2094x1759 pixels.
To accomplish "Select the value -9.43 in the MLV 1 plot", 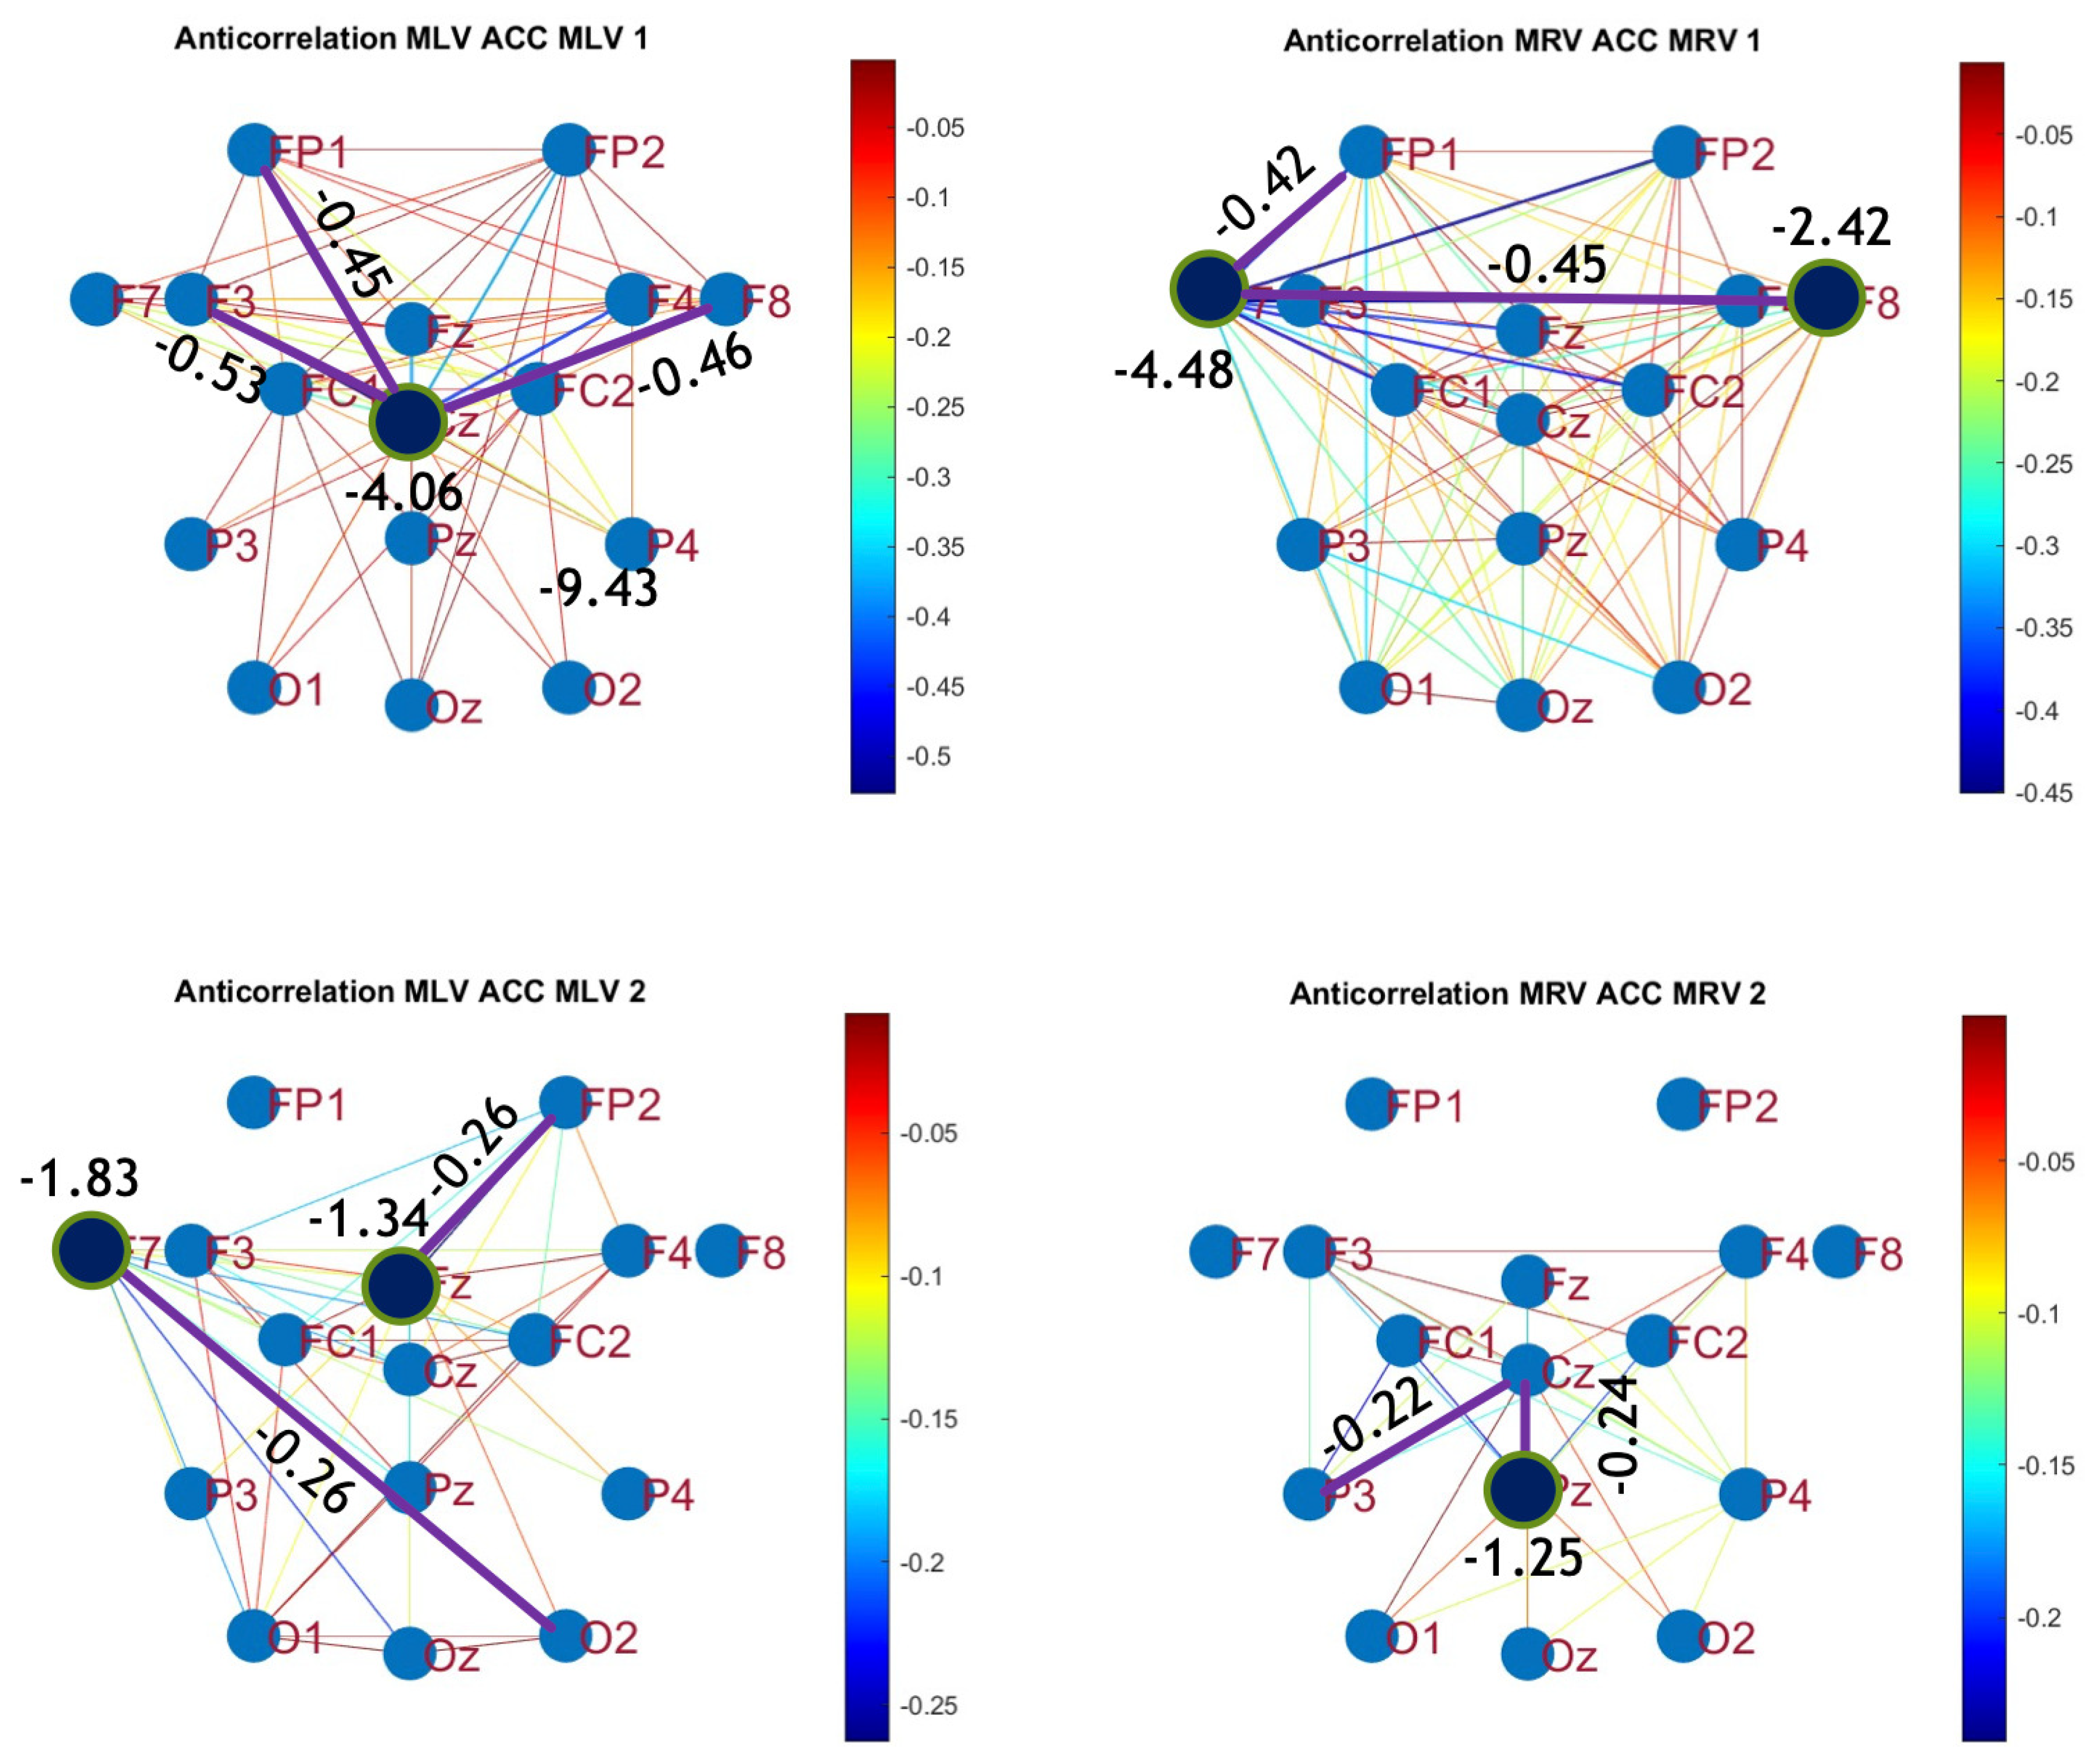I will point(598,589).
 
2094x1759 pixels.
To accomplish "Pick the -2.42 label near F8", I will point(1831,228).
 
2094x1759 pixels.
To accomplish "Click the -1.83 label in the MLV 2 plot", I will point(80,1179).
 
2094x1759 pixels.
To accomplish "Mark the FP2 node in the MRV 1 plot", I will point(1678,152).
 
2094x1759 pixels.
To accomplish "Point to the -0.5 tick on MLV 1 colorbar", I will point(928,756).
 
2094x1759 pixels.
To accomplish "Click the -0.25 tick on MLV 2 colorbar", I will point(928,1705).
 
